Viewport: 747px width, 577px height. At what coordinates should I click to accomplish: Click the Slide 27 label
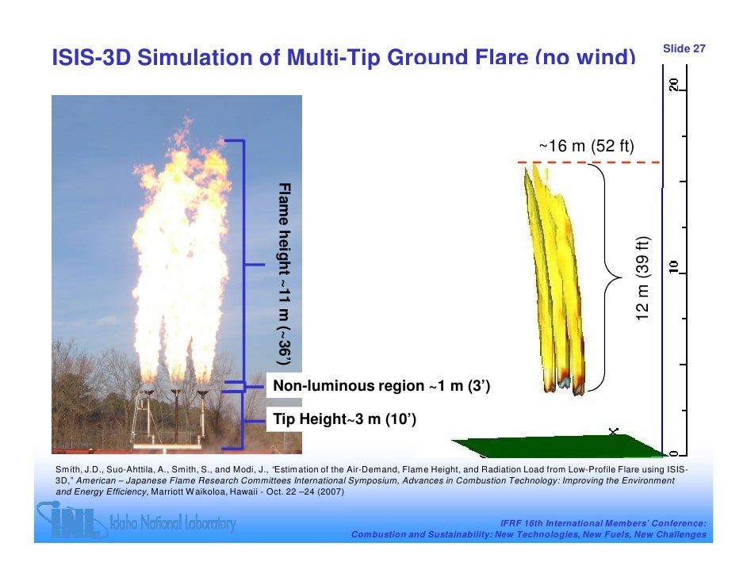pos(684,49)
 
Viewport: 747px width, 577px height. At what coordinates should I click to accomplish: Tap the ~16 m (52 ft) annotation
pos(586,147)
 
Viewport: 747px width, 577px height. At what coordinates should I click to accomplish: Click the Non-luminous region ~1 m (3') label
pos(381,386)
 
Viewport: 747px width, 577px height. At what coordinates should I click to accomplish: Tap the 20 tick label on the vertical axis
pos(673,86)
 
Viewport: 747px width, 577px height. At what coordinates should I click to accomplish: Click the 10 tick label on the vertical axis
pos(673,268)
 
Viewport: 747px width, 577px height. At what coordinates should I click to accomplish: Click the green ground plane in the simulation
pos(555,446)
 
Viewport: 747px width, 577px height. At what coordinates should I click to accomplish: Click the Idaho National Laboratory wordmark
pos(178,524)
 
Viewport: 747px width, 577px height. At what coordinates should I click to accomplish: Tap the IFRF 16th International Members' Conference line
pos(603,524)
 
